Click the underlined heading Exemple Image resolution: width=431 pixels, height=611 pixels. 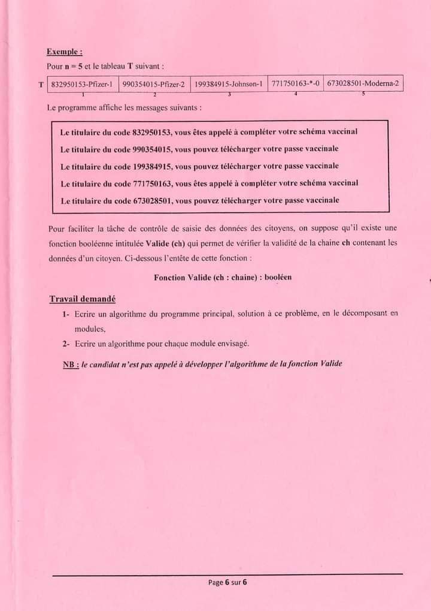coord(65,53)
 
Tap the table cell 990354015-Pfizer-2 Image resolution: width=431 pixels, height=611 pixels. coord(153,85)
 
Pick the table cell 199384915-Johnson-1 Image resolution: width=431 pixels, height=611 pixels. coord(229,85)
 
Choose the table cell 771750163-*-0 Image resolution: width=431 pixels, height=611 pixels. coord(295,84)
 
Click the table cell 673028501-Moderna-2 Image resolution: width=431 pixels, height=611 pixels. coord(363,84)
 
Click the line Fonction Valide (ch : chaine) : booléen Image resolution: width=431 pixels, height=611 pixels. coord(223,278)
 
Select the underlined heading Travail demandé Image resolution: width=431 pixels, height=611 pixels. coord(83,299)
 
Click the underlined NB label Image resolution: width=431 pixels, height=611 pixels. coord(71,363)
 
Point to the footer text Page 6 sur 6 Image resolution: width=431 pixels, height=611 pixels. coord(227,582)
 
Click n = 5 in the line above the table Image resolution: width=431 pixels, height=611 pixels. coord(74,66)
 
